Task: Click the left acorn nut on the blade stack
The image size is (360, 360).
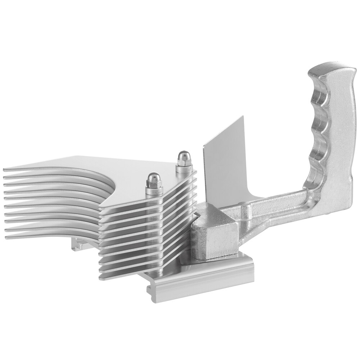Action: coord(153,178)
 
